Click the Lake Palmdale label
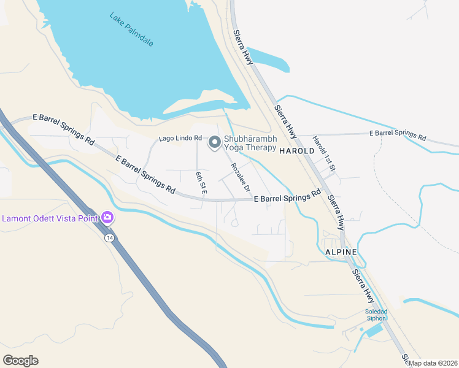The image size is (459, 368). click(x=131, y=29)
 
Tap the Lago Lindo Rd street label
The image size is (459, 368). click(x=180, y=139)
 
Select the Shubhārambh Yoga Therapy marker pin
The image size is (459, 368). click(x=214, y=143)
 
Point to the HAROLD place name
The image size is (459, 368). click(x=297, y=150)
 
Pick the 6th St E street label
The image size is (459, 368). click(x=200, y=183)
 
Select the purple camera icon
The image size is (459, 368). click(x=107, y=217)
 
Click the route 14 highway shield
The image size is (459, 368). click(x=109, y=238)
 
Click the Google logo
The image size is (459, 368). click(x=20, y=360)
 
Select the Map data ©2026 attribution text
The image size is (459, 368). click(x=433, y=362)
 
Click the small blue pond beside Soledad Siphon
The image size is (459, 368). click(x=374, y=331)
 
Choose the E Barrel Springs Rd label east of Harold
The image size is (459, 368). click(x=397, y=135)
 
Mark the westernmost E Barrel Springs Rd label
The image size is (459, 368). click(x=63, y=128)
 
